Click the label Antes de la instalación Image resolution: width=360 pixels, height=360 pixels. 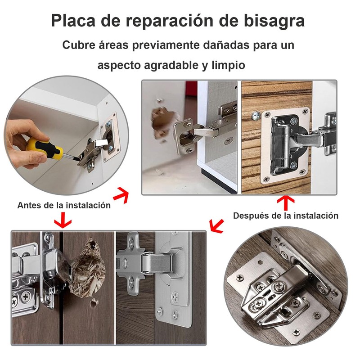tap(64, 205)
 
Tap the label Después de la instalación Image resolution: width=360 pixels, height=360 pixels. tap(285, 216)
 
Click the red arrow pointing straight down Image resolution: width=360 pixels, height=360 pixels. tap(62, 221)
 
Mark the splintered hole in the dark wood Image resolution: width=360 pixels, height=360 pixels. tap(88, 268)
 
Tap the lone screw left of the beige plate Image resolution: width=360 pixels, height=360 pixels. tap(256, 116)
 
